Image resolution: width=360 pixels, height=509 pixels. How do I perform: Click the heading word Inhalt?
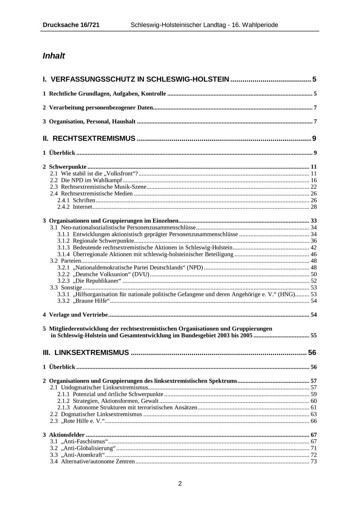(x=54, y=56)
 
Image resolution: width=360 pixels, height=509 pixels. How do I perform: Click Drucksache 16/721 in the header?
(x=71, y=25)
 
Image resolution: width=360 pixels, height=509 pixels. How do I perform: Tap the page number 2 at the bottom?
(x=180, y=484)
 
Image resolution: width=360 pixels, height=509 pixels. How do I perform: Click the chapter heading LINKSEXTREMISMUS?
(x=92, y=353)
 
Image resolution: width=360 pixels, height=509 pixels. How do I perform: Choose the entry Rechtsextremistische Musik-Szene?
(x=104, y=187)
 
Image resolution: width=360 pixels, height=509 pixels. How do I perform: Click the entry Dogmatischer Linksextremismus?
(x=101, y=414)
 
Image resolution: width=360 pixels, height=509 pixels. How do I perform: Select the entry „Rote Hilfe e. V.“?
(x=83, y=421)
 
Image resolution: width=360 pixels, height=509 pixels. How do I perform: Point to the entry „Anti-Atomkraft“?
(x=83, y=455)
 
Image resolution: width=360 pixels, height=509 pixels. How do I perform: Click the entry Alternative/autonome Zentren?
(x=98, y=462)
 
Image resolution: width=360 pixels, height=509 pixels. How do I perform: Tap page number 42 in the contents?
(x=313, y=248)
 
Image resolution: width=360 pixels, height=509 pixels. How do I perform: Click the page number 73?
(x=313, y=462)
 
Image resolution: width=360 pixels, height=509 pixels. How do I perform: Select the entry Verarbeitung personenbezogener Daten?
(x=101, y=108)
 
